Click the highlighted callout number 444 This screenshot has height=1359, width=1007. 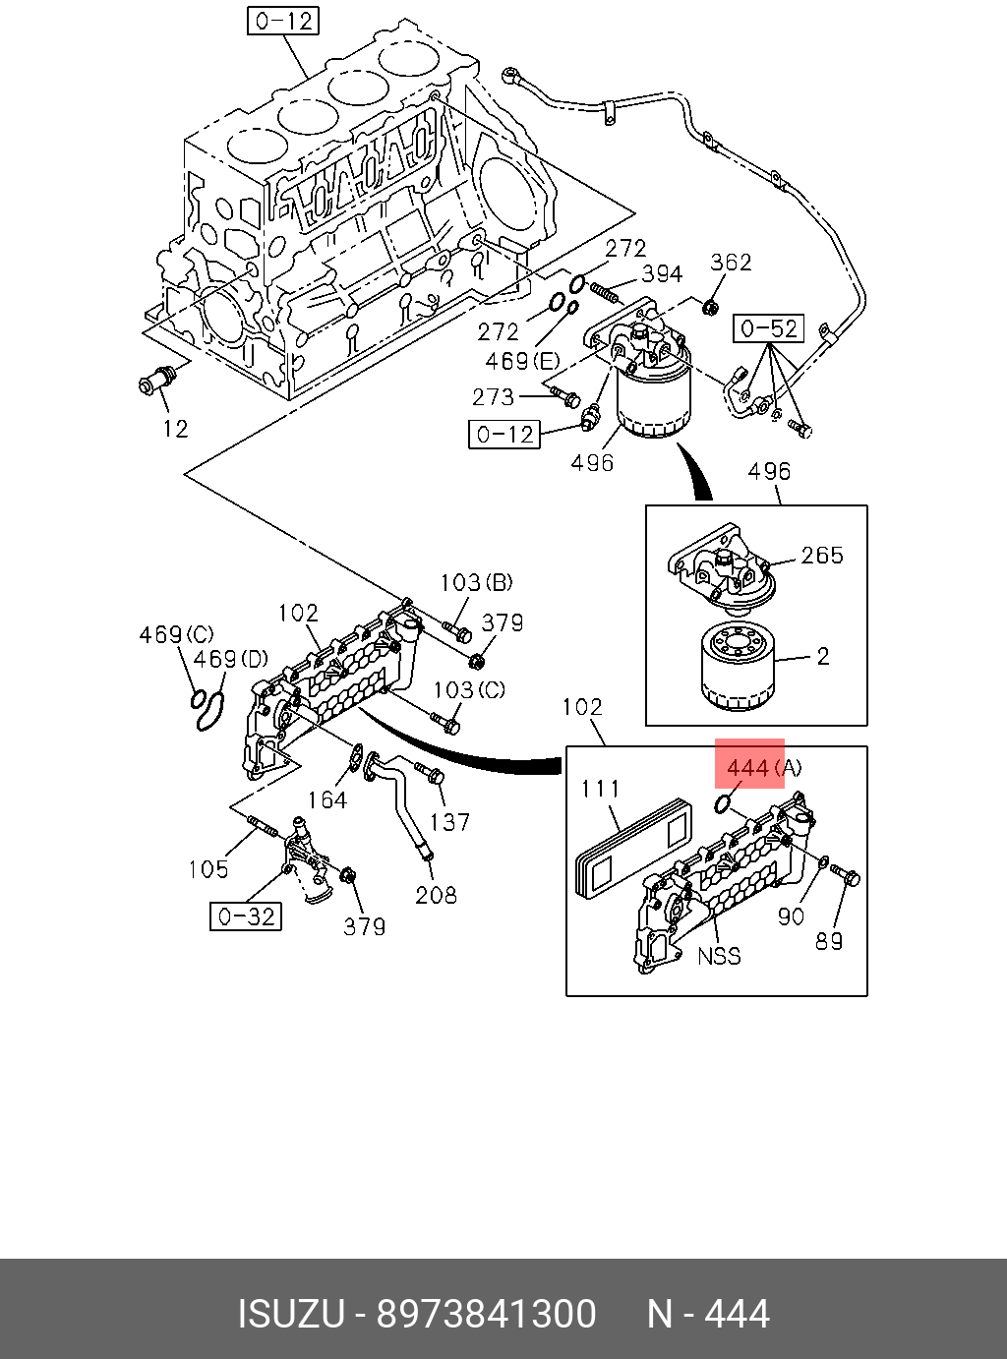coord(747,767)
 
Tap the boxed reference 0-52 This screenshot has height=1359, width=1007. coord(769,329)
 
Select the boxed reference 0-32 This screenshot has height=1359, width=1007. coord(246,916)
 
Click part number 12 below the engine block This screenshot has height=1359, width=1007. coord(175,429)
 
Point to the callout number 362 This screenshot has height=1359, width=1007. coord(731,263)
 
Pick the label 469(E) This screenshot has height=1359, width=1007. coord(522,361)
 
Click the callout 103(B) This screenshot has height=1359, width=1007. coord(476,582)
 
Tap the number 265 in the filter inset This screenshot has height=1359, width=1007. coord(822,556)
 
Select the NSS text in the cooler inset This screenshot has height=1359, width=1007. coord(720,956)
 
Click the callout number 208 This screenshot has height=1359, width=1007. coord(436,895)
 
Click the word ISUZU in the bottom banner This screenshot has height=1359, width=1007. coord(291,1314)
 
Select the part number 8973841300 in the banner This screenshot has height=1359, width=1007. coord(486,1314)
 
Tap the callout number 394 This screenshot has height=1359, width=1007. coord(662,274)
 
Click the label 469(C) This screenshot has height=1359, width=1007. coord(176,634)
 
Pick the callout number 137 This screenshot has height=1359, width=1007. coord(449,822)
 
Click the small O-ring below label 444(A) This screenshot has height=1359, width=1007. coord(723,803)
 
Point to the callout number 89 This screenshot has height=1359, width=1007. coord(829,941)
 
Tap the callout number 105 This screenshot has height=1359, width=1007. coord(208,869)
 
